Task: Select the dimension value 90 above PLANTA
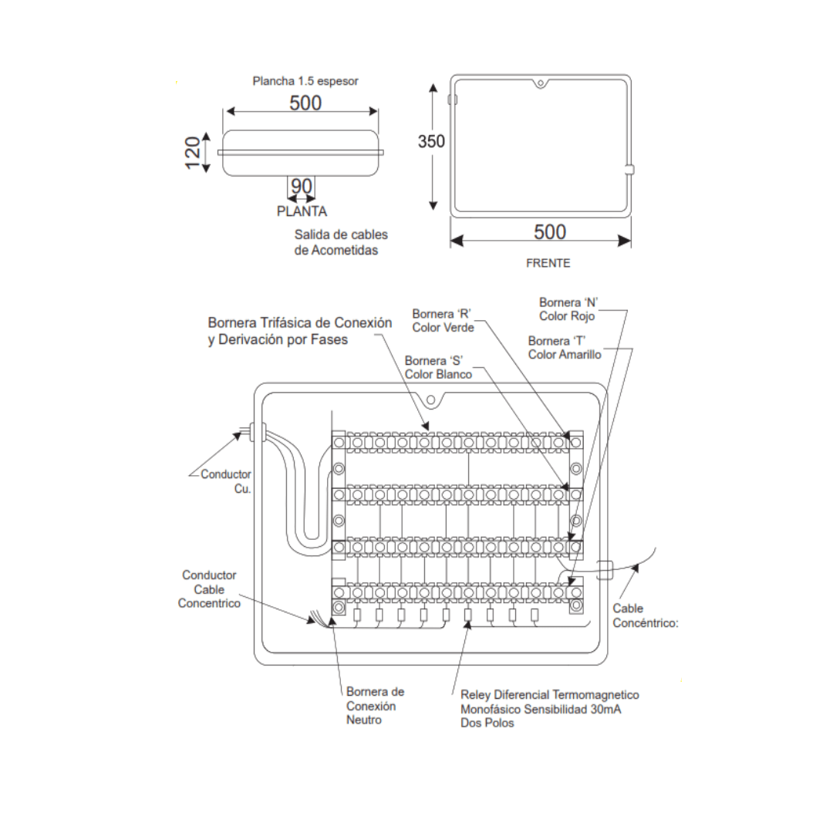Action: (302, 186)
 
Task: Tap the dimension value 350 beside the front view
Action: (431, 142)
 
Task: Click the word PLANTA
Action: (302, 211)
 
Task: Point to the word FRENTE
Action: (548, 263)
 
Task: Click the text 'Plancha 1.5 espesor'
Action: (305, 80)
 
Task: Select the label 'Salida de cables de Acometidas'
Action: (340, 242)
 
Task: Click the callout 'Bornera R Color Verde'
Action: (443, 321)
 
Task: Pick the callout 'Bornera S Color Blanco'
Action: (438, 367)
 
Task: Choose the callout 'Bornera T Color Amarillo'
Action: (565, 348)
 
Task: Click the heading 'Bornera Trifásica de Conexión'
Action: (300, 322)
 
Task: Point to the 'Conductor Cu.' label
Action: (226, 481)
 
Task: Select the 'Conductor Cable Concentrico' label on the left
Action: (209, 589)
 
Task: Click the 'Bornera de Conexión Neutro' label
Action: (375, 706)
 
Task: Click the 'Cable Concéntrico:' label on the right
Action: (645, 615)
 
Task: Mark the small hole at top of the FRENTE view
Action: (541, 83)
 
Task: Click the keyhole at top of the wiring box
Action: (431, 400)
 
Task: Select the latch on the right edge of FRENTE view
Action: (629, 170)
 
